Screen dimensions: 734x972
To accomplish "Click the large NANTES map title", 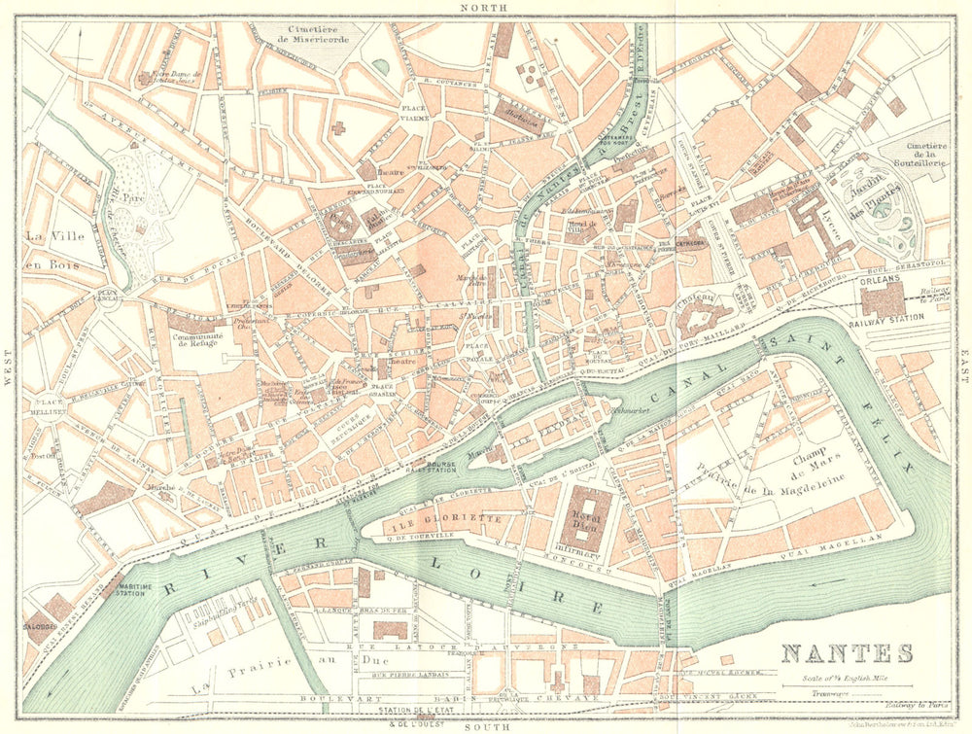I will (x=848, y=653).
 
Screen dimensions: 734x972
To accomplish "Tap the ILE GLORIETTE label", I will (x=455, y=519).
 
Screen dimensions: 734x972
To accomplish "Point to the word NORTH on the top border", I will (x=485, y=8).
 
